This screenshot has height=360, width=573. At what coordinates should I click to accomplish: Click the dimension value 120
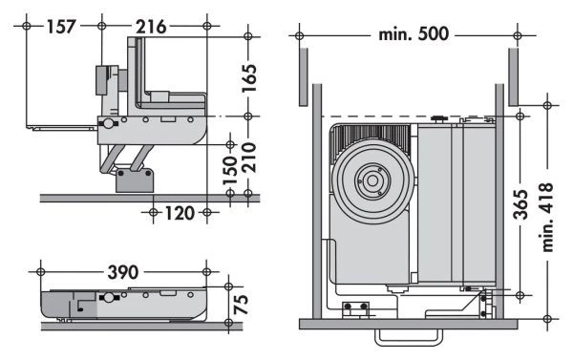[179, 211]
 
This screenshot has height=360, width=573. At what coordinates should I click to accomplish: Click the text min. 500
[408, 35]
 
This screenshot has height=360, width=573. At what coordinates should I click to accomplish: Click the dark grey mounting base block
[135, 180]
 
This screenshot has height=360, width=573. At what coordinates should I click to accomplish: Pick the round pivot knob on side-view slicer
[107, 124]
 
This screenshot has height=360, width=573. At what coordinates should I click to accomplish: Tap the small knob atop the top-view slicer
[438, 118]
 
